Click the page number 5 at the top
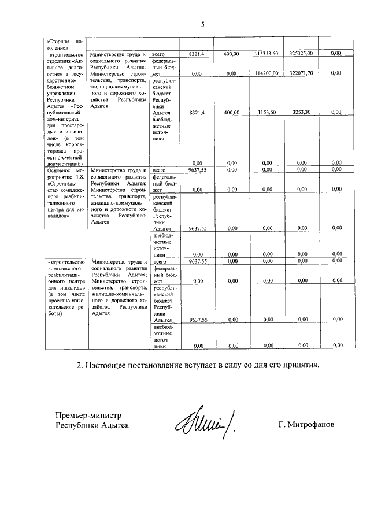pyautogui.click(x=203, y=24)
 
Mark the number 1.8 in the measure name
pyautogui.click(x=79, y=177)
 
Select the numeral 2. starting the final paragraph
pyautogui.click(x=82, y=366)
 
